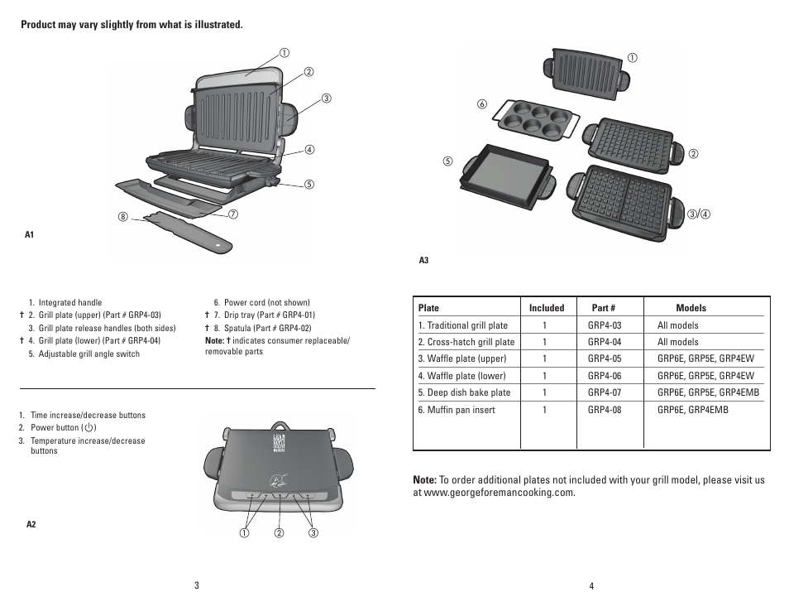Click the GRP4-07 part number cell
pos(604,392)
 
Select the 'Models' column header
pos(691,308)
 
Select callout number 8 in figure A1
pos(122,217)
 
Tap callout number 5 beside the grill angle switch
pos(309,184)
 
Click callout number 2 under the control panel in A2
pos(280,532)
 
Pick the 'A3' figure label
pos(423,260)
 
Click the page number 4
pos(591,586)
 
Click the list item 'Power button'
pos(63,428)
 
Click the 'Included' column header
pos(547,308)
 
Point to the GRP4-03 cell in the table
pos(604,325)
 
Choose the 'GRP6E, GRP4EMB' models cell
pos(693,410)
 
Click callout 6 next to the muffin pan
pos(481,103)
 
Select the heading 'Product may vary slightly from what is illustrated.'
pos(131,25)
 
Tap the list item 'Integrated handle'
pos(69,303)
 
